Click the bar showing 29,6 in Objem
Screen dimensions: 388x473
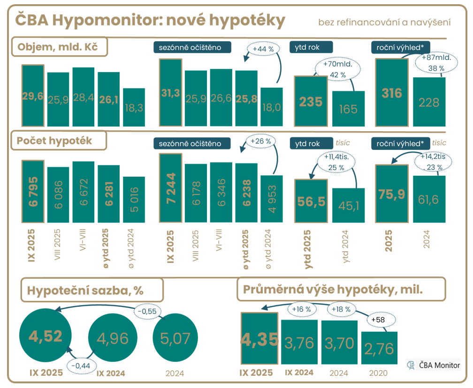point(33,96)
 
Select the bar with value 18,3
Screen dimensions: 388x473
point(134,107)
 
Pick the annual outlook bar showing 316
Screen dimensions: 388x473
point(392,92)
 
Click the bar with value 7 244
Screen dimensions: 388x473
point(171,187)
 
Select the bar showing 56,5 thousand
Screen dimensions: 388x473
point(310,201)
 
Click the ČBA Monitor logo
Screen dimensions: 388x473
point(434,365)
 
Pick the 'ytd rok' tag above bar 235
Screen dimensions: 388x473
point(311,47)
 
